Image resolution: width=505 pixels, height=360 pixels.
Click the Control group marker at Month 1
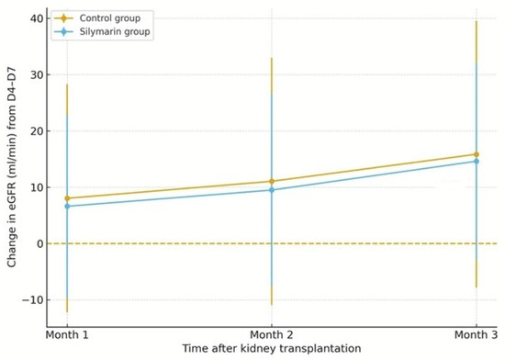click(67, 198)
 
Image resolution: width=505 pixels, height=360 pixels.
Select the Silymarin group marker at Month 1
click(67, 206)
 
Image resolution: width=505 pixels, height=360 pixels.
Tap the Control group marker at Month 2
click(272, 181)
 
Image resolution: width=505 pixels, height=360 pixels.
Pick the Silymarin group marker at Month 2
click(272, 190)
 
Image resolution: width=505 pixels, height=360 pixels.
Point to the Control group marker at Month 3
click(477, 154)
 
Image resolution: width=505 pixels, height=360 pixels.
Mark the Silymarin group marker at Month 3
click(477, 161)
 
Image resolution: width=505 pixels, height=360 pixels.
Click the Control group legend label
click(110, 18)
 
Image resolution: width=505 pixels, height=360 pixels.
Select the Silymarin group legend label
click(115, 32)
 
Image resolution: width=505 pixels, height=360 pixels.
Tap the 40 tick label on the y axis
click(37, 18)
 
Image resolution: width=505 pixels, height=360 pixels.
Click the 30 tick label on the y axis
click(37, 75)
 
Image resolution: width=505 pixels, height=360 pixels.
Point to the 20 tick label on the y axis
click(37, 131)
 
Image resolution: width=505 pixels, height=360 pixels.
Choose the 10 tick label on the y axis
click(37, 187)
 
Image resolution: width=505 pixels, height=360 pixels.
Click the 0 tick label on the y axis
click(39, 243)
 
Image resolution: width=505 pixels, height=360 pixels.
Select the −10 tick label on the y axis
click(32, 300)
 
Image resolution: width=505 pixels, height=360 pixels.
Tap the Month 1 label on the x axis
click(67, 335)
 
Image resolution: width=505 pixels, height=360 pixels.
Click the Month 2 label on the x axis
click(272, 335)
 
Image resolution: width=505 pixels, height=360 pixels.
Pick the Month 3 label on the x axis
click(476, 335)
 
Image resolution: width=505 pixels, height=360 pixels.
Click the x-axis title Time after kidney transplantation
click(272, 348)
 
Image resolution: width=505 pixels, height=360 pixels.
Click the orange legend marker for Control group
click(63, 18)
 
